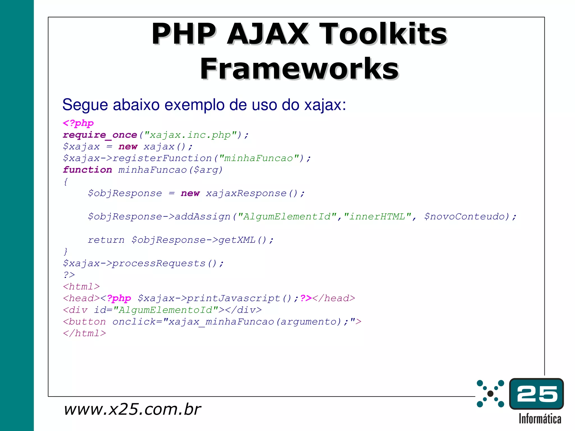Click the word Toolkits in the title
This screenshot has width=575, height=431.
(x=383, y=34)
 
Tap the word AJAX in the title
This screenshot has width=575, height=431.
(x=268, y=34)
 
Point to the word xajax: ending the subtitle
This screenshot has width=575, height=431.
(x=325, y=105)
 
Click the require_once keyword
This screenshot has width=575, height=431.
(x=100, y=135)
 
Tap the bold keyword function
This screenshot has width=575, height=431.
(x=88, y=170)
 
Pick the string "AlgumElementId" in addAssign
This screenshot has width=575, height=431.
(x=287, y=216)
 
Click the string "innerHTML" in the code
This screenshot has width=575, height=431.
(x=377, y=216)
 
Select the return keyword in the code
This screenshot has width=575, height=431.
(x=106, y=240)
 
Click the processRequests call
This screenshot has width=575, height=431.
(x=159, y=263)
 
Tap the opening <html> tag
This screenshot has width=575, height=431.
(x=81, y=286)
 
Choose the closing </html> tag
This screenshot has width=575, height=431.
(x=85, y=333)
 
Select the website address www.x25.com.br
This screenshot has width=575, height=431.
(x=132, y=409)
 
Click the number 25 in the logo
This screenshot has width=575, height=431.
(x=537, y=394)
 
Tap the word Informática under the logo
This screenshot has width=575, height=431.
(x=540, y=419)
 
